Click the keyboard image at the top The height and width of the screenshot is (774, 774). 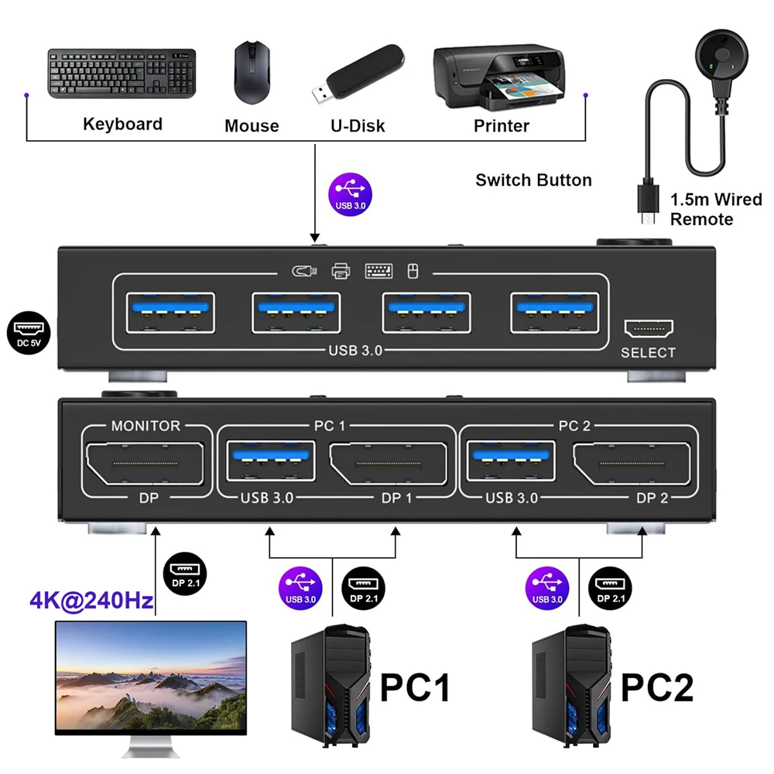pos(122,74)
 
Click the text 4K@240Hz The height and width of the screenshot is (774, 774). pos(91,601)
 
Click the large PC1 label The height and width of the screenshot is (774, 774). pos(416,687)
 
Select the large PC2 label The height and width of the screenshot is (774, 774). pos(657,687)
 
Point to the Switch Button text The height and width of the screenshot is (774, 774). pos(533,180)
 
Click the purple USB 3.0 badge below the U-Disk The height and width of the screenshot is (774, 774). pos(351,193)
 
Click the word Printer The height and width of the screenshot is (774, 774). pos(502,125)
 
